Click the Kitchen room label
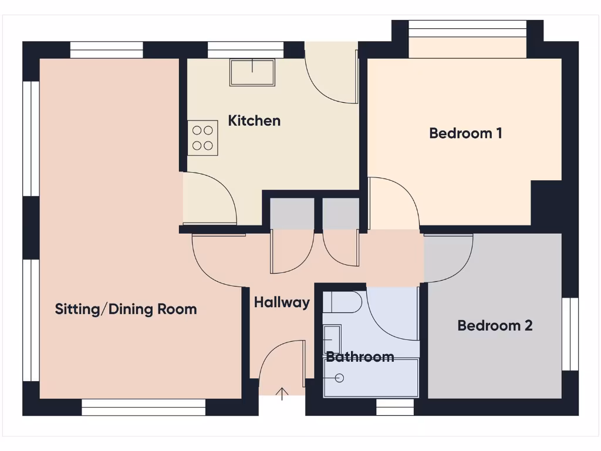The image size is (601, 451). click(254, 121)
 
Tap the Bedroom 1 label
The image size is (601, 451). click(465, 133)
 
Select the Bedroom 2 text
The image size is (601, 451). click(495, 325)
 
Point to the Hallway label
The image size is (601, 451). click(282, 302)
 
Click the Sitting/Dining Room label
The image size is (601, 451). click(126, 309)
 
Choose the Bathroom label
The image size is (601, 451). click(360, 356)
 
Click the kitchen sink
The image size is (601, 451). click(252, 72)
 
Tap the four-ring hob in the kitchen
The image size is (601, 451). click(202, 138)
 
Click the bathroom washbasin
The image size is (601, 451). click(332, 339)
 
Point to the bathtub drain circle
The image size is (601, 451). click(339, 378)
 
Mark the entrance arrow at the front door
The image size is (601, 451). click(282, 393)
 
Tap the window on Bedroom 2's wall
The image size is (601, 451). click(570, 334)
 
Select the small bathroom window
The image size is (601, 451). click(394, 406)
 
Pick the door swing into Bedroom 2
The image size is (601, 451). click(449, 257)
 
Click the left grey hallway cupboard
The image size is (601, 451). click(292, 214)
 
